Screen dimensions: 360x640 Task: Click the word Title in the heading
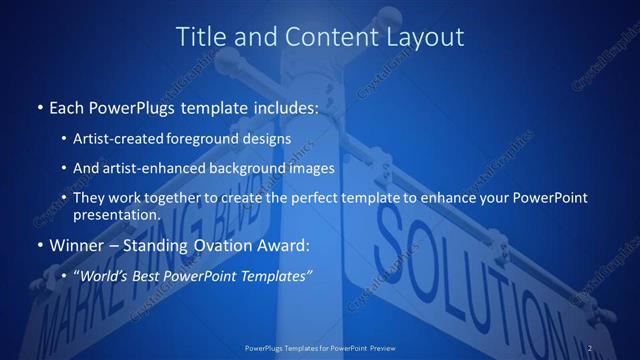tap(201, 37)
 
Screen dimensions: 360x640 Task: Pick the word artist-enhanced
tap(152, 168)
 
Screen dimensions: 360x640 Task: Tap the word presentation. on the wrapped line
tap(117, 214)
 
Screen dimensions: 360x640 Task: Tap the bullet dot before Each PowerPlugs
tap(39, 106)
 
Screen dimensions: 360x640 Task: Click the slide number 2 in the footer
tap(590, 347)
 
